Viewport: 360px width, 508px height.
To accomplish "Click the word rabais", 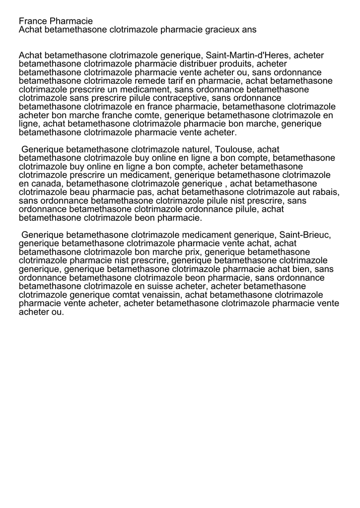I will click(325, 192).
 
